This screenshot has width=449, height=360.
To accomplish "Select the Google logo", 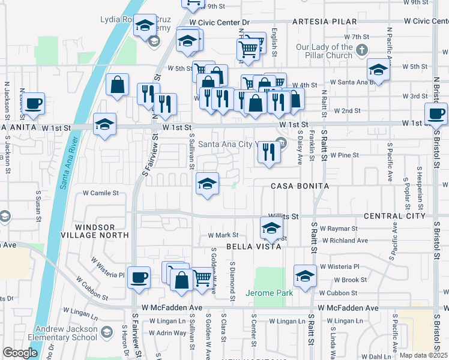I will tap(20, 353).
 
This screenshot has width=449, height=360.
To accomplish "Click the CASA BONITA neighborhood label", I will tap(300, 186).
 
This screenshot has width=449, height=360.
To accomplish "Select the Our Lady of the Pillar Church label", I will tap(324, 51).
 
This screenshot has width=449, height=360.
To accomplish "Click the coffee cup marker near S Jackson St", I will tap(34, 103).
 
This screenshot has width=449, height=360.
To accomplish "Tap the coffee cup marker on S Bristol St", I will tap(436, 113).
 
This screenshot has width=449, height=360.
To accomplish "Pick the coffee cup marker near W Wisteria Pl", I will tap(139, 277).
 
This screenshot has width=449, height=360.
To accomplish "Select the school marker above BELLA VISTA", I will tap(271, 228).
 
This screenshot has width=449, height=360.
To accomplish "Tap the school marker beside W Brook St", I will tap(305, 275).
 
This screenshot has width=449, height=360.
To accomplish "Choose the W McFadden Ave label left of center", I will tap(172, 308).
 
